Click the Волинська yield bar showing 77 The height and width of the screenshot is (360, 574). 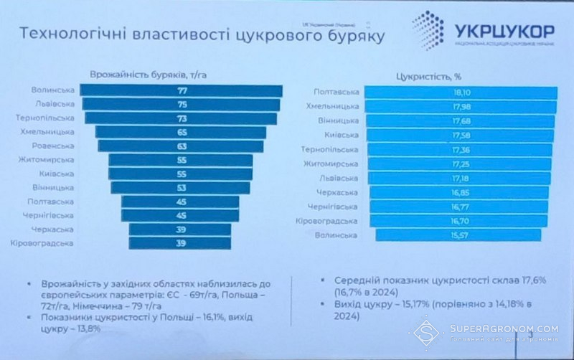181,91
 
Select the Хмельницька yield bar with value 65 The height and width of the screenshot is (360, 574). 181,133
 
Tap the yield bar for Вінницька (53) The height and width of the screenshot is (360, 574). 181,188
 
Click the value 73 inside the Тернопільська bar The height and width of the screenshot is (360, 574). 181,119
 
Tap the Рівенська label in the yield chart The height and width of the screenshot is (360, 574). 53,146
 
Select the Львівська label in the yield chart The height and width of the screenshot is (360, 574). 53,105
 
